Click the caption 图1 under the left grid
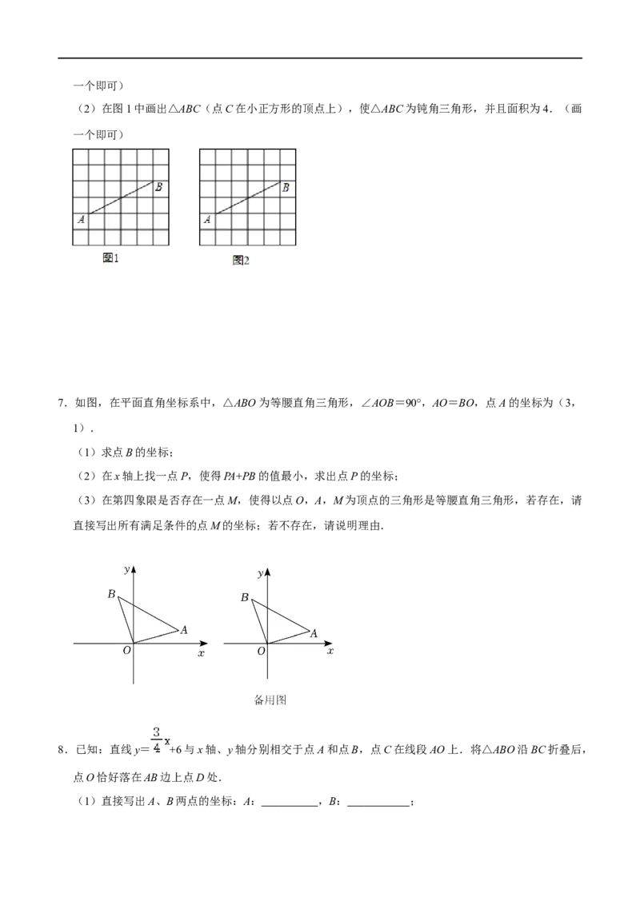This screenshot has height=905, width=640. (x=110, y=258)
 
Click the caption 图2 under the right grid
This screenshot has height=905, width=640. (x=241, y=261)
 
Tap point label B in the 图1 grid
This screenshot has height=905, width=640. (x=158, y=187)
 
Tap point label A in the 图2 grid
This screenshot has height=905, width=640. (x=207, y=219)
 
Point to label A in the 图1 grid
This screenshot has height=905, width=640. (x=81, y=219)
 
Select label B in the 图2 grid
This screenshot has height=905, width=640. (x=286, y=188)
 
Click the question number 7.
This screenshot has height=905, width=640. (x=63, y=403)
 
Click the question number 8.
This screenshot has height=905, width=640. (x=63, y=750)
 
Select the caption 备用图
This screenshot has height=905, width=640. (x=270, y=700)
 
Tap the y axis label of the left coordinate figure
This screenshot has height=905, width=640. (x=127, y=570)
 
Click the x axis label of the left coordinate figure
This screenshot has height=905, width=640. (x=201, y=653)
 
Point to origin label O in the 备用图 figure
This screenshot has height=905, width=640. (x=261, y=651)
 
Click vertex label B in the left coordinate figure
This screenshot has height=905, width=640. (x=111, y=593)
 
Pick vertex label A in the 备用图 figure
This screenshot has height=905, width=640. (x=314, y=633)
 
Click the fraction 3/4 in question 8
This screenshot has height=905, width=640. (x=157, y=740)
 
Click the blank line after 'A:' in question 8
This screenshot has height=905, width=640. (x=290, y=803)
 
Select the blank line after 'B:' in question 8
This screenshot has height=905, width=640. (x=378, y=803)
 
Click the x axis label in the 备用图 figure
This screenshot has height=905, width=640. (x=330, y=651)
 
